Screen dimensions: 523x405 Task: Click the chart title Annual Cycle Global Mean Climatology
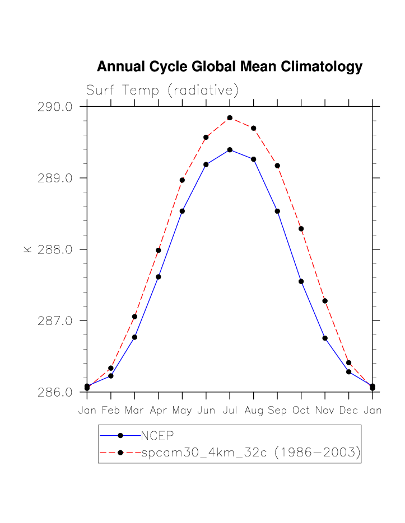tap(230, 67)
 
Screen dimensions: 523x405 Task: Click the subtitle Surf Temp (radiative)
tap(162, 90)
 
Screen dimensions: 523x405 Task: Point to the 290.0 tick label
tap(54, 107)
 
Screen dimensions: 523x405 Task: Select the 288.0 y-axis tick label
tap(54, 249)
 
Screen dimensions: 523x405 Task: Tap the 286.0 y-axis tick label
tap(54, 392)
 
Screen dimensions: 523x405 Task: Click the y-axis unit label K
tap(27, 249)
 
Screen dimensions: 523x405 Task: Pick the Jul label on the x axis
tap(230, 411)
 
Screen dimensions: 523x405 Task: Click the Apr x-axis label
tap(159, 411)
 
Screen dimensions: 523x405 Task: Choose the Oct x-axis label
tap(301, 411)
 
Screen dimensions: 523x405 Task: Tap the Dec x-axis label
tap(348, 411)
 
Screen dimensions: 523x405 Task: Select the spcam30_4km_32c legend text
tap(250, 452)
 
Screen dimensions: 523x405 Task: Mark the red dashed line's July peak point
tap(230, 117)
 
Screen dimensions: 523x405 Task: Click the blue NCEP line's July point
tap(230, 150)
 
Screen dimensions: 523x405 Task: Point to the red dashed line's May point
tap(182, 180)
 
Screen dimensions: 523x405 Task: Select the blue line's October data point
tap(301, 281)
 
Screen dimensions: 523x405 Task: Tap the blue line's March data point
tap(134, 337)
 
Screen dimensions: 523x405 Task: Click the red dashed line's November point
tap(325, 301)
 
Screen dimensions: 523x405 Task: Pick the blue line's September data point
tap(277, 211)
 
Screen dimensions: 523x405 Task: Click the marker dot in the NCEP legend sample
tap(120, 435)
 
